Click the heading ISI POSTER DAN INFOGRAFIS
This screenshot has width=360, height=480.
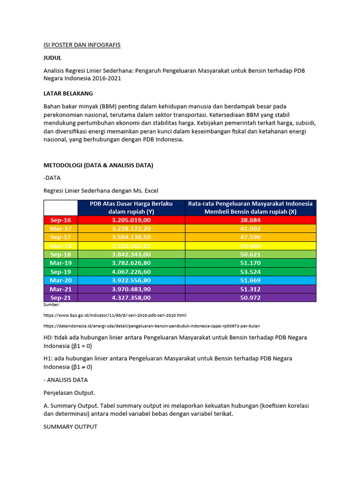tap(82, 45)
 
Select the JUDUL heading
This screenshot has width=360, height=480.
tap(52, 58)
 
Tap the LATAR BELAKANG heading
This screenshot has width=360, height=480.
tap(68, 93)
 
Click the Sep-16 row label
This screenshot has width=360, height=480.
tap(60, 220)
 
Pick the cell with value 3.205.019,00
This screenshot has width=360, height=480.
tap(131, 220)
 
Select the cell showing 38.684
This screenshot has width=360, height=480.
tap(250, 220)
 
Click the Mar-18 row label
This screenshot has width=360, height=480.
tap(60, 246)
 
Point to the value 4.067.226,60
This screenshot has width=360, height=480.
tap(131, 271)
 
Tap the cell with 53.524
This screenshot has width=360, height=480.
tap(250, 271)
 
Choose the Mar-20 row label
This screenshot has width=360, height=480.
tap(60, 280)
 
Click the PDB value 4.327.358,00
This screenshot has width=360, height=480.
tap(131, 298)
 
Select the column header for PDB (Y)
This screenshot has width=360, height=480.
tap(131, 208)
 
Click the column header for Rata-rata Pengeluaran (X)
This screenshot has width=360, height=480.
tap(250, 208)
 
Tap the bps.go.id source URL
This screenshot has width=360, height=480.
tap(114, 315)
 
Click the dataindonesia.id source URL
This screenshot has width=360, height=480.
tap(151, 325)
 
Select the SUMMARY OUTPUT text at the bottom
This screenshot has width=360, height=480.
tap(70, 427)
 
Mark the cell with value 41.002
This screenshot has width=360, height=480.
tap(250, 228)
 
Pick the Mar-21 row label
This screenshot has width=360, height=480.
tap(60, 289)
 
